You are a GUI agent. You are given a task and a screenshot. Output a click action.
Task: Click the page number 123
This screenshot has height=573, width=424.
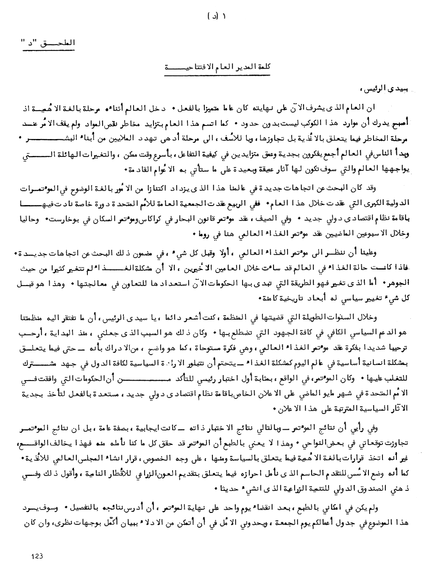coord(37,555)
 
